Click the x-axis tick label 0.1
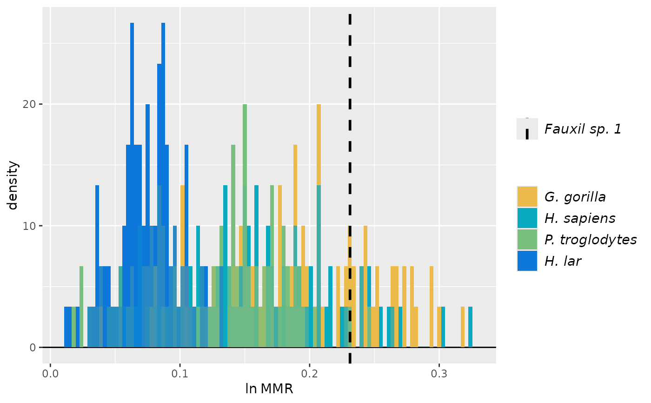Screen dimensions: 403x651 [179, 374]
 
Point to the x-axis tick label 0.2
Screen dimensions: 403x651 [309, 374]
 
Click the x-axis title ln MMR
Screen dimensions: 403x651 [269, 389]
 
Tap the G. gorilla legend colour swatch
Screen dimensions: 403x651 [527, 196]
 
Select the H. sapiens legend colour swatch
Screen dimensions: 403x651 [527, 218]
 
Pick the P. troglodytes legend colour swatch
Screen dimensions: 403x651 [527, 239]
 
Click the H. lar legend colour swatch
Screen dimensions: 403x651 [527, 261]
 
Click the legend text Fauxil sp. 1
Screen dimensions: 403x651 [583, 129]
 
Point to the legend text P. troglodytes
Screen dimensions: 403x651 [590, 240]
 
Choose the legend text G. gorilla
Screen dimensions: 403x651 [575, 197]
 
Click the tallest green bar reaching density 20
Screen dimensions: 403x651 [245, 186]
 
